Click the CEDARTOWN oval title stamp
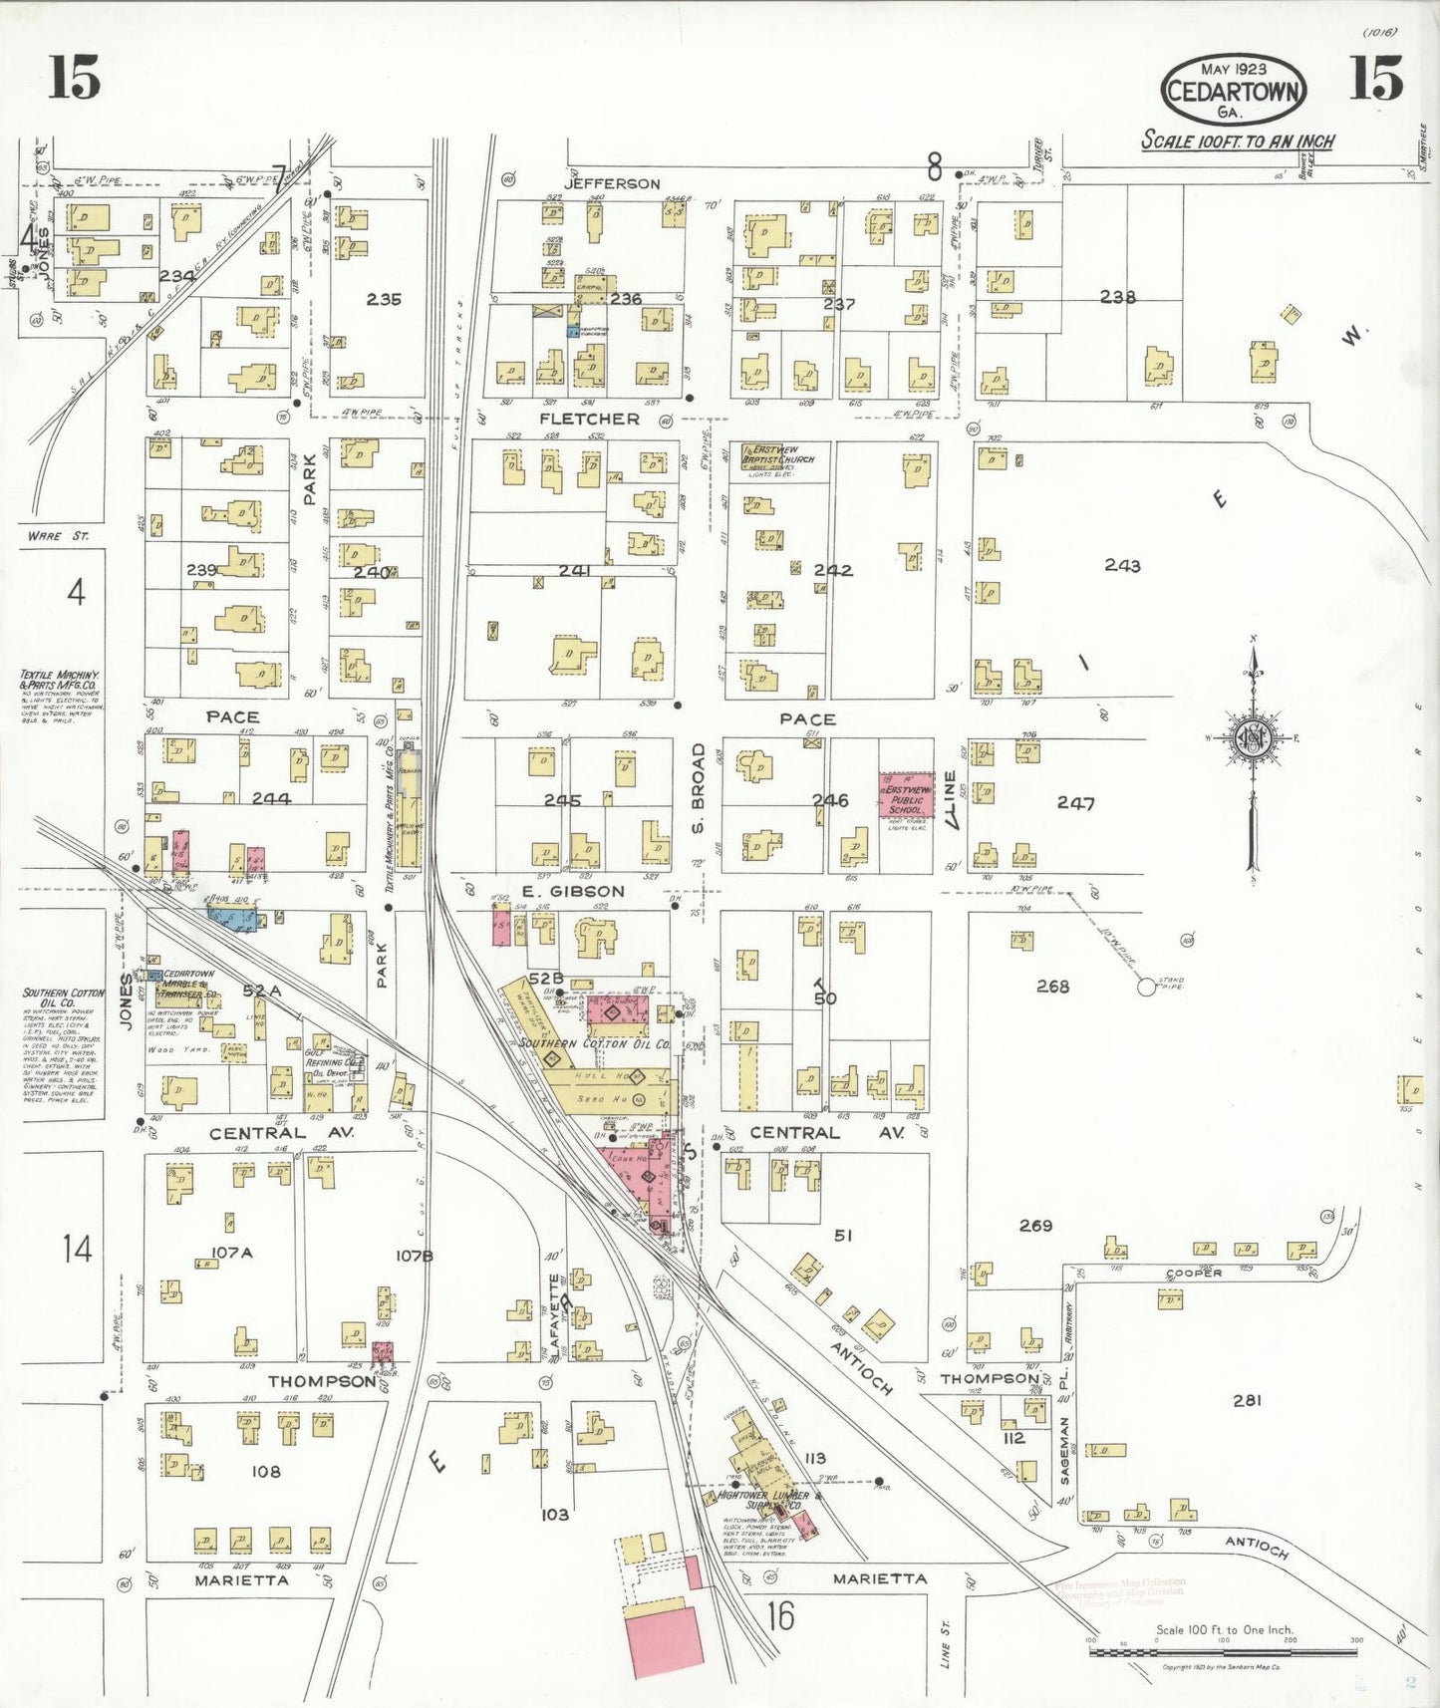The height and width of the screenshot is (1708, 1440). click(x=1234, y=91)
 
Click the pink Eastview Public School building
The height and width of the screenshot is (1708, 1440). click(x=906, y=795)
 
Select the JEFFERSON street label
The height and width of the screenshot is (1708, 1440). click(x=611, y=184)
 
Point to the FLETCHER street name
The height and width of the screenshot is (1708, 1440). click(x=589, y=419)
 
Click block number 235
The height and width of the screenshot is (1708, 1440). click(x=383, y=299)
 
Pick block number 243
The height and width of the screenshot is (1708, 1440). click(x=1122, y=565)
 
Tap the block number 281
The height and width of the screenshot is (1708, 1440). click(x=1247, y=1400)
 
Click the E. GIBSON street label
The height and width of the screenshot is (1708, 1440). click(x=573, y=891)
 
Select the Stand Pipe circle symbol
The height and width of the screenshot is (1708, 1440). click(x=1146, y=987)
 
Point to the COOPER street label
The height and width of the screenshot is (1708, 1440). click(x=1194, y=1274)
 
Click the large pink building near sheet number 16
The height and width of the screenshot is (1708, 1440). click(x=663, y=1635)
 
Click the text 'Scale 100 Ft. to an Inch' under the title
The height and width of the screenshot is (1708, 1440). click(x=1237, y=141)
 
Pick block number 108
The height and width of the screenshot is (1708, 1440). click(x=266, y=1471)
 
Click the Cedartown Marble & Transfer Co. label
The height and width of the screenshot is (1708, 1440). click(x=189, y=984)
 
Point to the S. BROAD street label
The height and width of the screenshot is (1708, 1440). click(x=698, y=788)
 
